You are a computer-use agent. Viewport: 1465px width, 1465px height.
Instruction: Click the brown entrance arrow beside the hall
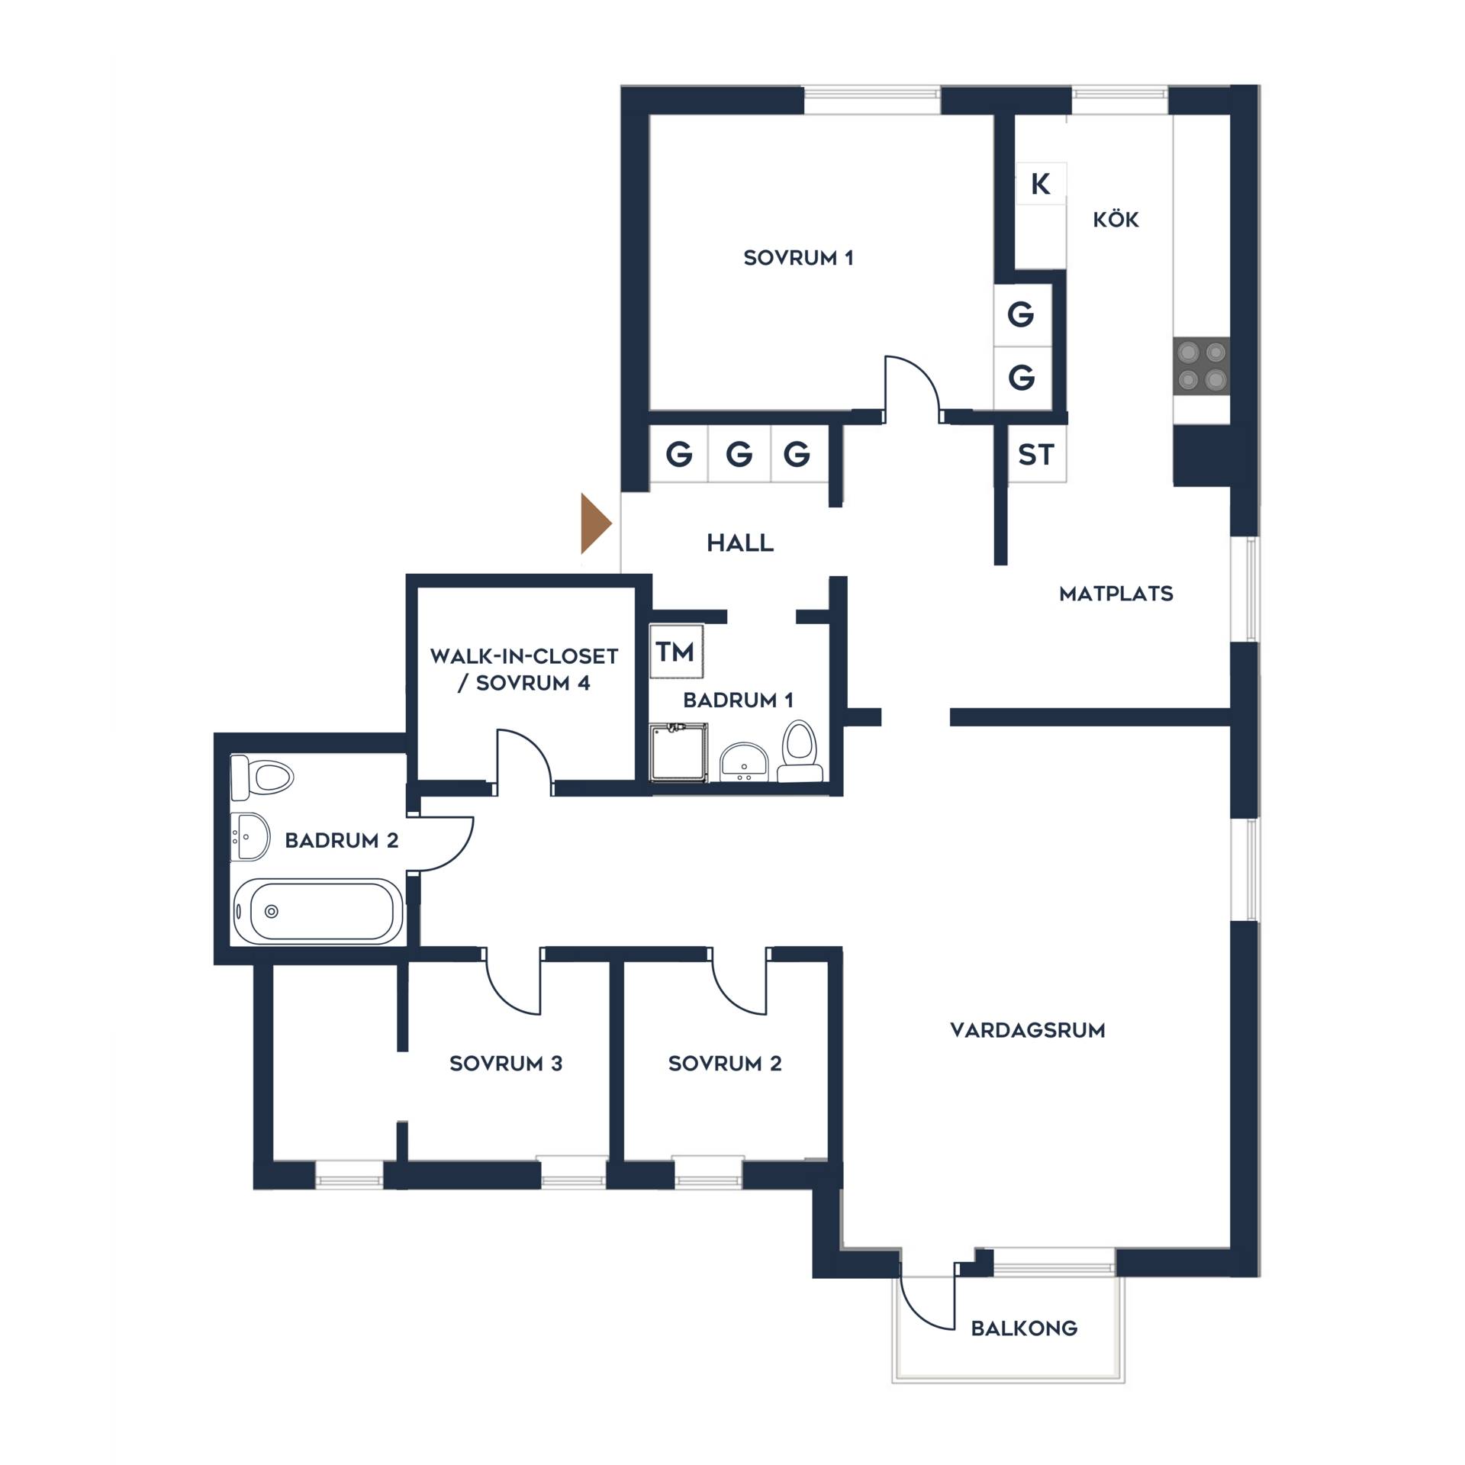[x=594, y=523]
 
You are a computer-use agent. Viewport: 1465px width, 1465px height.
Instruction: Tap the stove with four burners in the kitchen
[x=1201, y=365]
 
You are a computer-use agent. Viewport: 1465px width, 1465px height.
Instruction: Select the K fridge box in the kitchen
[x=1041, y=183]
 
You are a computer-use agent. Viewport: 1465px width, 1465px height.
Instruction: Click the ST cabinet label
[x=1036, y=455]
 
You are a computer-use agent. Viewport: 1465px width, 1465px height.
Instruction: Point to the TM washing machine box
[x=676, y=652]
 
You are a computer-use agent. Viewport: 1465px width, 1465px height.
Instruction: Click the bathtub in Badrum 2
[x=317, y=911]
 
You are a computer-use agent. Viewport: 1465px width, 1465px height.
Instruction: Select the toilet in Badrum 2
[x=262, y=778]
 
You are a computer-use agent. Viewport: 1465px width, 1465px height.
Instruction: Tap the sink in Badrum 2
[x=250, y=836]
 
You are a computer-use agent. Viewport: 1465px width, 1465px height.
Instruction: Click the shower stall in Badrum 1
[x=678, y=752]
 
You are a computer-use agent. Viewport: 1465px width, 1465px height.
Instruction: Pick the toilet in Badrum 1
[x=800, y=751]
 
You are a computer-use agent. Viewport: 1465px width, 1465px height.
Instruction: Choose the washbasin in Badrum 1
[x=744, y=761]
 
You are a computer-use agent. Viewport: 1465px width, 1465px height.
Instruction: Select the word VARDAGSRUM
[x=1027, y=1030]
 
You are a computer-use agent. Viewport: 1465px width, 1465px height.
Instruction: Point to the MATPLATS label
[x=1116, y=594]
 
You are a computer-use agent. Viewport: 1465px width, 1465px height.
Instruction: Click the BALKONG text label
[x=1024, y=1328]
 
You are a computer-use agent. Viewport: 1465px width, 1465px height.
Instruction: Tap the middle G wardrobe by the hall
[x=739, y=454]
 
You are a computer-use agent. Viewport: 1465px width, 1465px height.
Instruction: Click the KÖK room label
[x=1116, y=220]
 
